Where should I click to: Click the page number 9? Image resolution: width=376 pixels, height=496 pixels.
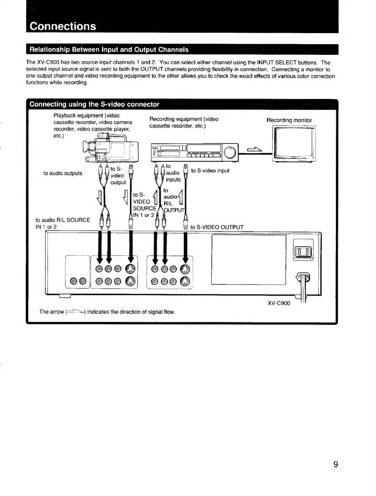[x=335, y=465]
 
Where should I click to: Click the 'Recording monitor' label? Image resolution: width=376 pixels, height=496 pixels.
[x=289, y=120]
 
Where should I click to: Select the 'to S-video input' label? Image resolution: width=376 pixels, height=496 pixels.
[x=210, y=171]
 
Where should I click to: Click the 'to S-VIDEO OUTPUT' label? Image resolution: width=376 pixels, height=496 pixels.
[x=217, y=227]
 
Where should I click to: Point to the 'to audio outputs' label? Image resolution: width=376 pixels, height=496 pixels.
[x=63, y=173]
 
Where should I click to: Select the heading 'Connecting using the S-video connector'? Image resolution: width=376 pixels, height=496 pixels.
[x=94, y=104]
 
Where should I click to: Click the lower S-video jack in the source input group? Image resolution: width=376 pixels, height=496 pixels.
[x=130, y=281]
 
